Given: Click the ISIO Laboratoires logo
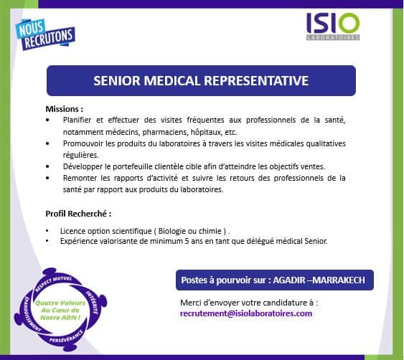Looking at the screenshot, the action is tap(333, 27).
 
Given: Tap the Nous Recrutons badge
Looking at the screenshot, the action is tap(45, 34).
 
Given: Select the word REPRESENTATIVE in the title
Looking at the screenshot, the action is tap(257, 80).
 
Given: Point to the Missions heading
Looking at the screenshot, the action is tap(65, 109).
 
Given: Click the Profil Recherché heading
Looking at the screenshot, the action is tap(78, 214).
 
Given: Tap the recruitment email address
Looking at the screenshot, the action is tap(246, 313).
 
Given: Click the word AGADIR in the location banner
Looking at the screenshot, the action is tap(289, 280).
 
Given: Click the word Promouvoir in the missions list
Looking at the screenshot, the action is tap(83, 143).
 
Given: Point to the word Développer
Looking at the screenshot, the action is tap(83, 167).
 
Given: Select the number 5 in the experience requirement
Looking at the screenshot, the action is tap(187, 241).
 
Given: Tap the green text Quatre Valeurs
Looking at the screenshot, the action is tap(60, 303).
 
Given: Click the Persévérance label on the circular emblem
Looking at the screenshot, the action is tap(66, 336).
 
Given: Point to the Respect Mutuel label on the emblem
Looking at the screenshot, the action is tap(53, 283).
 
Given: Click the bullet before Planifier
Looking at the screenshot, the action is tap(47, 120).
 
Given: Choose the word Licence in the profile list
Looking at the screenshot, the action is tap(72, 231).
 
